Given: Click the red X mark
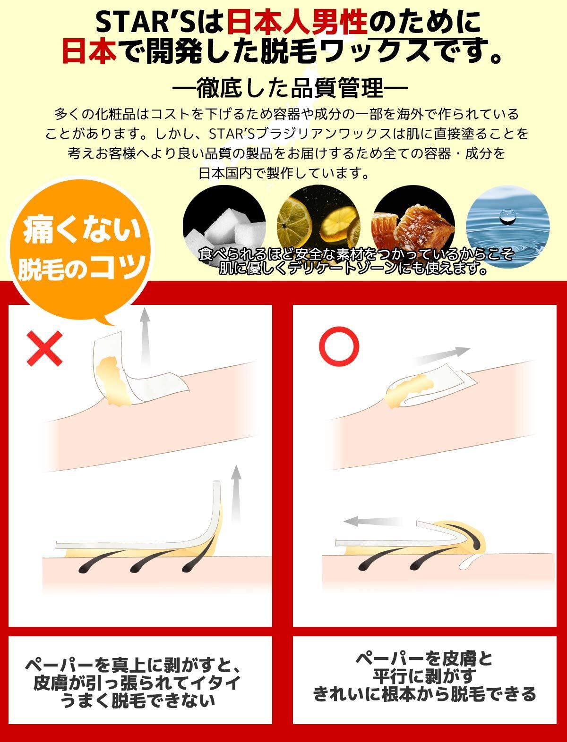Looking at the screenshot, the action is (45, 348).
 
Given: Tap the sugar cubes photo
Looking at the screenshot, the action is (224, 227).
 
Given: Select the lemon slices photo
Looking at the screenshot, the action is (318, 227).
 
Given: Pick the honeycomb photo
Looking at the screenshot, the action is (413, 227).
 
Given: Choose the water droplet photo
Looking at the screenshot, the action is (507, 227).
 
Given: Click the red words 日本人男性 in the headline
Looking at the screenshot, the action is (297, 23).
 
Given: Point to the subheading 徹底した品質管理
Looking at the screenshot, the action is (290, 88).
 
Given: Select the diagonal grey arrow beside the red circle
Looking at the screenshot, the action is (443, 355).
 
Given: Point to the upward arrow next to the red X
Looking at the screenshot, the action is (146, 337).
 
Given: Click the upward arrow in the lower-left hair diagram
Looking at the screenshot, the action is (236, 494).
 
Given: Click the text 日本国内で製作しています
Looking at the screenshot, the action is (283, 173).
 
